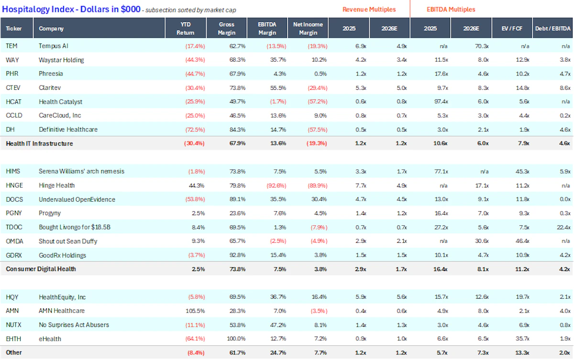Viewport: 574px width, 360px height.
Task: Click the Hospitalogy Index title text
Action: (71, 9)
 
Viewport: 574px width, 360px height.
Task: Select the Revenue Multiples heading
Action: (369, 10)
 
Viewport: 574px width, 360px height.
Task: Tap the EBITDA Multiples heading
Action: (451, 10)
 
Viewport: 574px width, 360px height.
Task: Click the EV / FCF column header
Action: (512, 28)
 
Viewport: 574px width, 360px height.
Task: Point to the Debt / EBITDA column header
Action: (553, 28)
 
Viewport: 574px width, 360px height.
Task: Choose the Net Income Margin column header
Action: (308, 28)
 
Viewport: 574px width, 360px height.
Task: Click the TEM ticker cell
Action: (11, 46)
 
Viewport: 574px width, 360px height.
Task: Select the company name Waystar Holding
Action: (61, 60)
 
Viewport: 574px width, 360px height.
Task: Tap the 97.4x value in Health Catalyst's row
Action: (441, 102)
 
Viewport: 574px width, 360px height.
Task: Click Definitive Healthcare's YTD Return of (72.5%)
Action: (195, 130)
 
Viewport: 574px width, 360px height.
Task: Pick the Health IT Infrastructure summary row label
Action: (39, 143)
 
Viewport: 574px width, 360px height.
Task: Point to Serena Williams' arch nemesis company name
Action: (81, 171)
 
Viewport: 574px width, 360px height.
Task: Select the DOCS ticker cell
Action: (14, 199)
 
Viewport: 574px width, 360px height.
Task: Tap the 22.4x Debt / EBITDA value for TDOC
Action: (563, 228)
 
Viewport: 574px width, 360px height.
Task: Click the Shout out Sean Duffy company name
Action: (68, 241)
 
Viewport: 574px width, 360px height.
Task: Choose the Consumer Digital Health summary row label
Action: (41, 269)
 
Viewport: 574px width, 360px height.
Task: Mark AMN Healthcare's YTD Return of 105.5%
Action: (195, 311)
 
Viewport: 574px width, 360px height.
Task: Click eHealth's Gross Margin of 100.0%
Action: (236, 339)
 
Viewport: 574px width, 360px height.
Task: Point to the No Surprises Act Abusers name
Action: (74, 325)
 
